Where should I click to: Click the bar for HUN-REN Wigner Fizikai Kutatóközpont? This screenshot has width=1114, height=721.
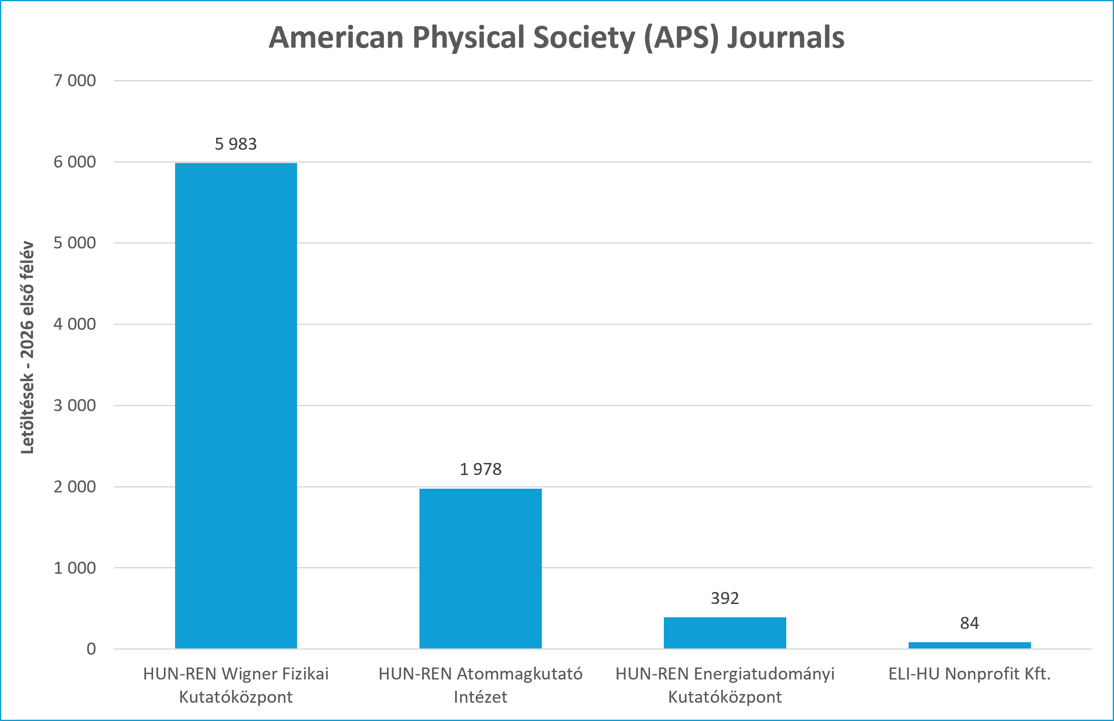[x=236, y=406]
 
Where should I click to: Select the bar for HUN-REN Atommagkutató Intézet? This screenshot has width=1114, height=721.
[x=480, y=568]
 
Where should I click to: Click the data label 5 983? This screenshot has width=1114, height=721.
[x=236, y=144]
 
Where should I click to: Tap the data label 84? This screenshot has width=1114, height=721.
[x=969, y=623]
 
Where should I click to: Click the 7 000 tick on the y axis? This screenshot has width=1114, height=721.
[x=75, y=80]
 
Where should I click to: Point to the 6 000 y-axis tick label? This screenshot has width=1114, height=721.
[x=75, y=162]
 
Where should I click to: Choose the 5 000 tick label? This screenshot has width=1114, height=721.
[x=75, y=243]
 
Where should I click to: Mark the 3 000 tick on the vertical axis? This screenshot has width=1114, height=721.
[x=75, y=405]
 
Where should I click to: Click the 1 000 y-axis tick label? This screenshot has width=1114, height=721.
[x=75, y=568]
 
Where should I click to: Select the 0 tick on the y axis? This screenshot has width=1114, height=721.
[x=91, y=649]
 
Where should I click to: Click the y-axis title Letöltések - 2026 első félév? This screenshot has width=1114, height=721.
[x=27, y=347]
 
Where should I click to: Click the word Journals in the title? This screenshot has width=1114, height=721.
[x=786, y=37]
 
